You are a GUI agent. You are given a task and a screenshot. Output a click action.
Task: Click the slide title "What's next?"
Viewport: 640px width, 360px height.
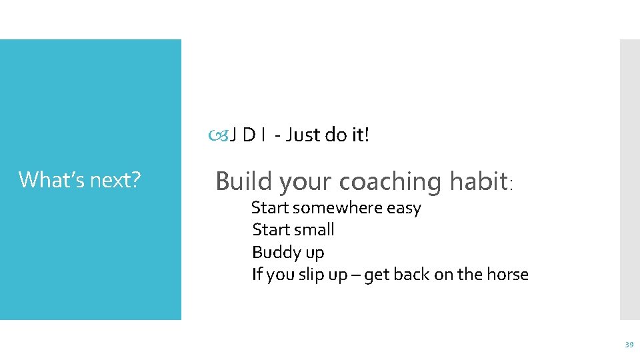(x=79, y=179)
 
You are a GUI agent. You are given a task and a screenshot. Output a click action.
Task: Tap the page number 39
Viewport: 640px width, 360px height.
(x=628, y=345)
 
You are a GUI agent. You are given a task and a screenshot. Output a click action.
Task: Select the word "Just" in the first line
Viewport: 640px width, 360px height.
(x=304, y=135)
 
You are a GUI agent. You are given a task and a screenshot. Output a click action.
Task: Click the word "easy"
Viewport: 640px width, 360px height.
(x=404, y=208)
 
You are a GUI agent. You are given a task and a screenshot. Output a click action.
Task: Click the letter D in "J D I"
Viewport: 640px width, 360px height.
(x=249, y=135)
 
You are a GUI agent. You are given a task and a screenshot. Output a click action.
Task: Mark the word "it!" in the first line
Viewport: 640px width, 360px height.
(x=359, y=135)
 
